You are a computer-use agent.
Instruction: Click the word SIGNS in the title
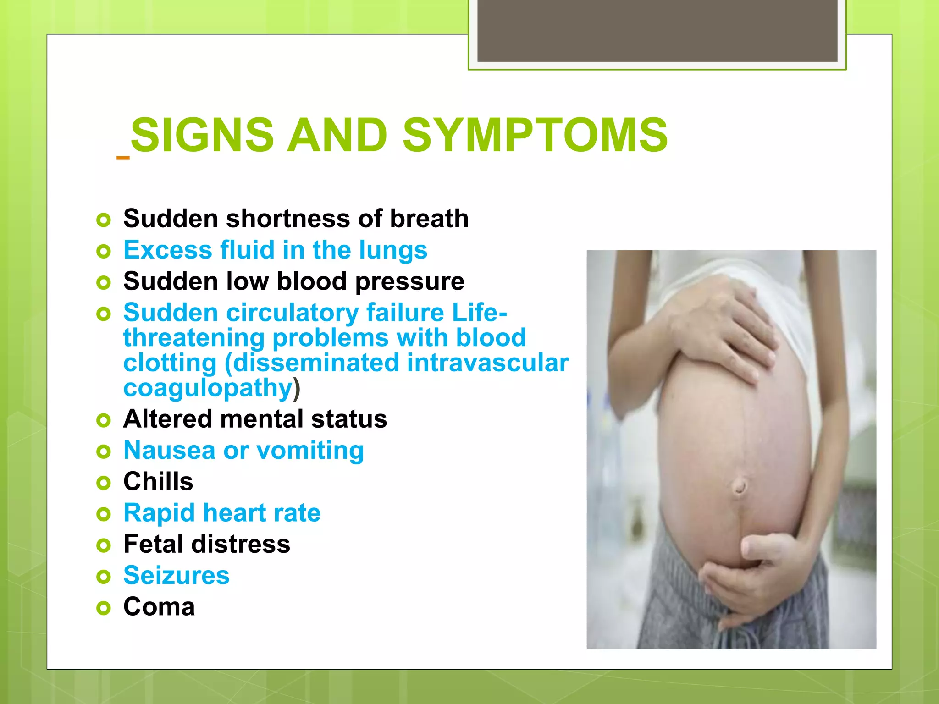click(x=202, y=135)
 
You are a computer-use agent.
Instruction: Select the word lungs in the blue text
click(x=393, y=251)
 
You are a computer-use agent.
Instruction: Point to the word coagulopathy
click(x=208, y=389)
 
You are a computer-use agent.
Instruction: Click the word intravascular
click(x=487, y=363)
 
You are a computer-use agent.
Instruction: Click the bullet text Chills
click(x=158, y=482)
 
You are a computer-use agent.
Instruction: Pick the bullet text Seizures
click(x=176, y=576)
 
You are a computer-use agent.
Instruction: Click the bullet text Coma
click(x=159, y=607)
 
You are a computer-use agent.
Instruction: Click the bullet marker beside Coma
click(x=104, y=608)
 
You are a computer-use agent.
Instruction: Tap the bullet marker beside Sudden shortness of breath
click(x=104, y=220)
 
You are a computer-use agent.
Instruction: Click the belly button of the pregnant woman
click(x=739, y=487)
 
